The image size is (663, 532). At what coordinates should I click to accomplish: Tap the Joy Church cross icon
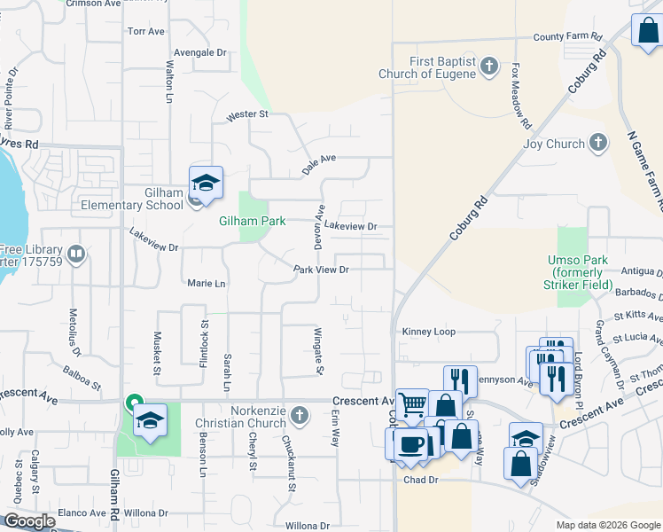click(598, 144)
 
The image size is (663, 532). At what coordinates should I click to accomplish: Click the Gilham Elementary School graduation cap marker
click(206, 184)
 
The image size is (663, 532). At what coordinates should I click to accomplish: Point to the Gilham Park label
click(253, 221)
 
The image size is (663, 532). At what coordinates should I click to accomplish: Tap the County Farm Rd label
click(567, 37)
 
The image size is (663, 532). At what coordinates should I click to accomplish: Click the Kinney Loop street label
click(428, 332)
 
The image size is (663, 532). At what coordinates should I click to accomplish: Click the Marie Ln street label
click(207, 284)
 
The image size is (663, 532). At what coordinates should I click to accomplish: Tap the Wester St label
click(247, 115)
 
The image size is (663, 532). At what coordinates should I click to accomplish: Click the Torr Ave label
click(146, 31)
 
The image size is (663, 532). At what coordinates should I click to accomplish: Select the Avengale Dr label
click(201, 52)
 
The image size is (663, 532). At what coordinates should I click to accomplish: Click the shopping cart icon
click(412, 404)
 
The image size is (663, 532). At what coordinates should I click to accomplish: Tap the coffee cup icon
click(409, 443)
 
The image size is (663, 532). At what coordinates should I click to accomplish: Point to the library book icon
click(76, 257)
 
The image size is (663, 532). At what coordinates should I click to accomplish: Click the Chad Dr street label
click(421, 480)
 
